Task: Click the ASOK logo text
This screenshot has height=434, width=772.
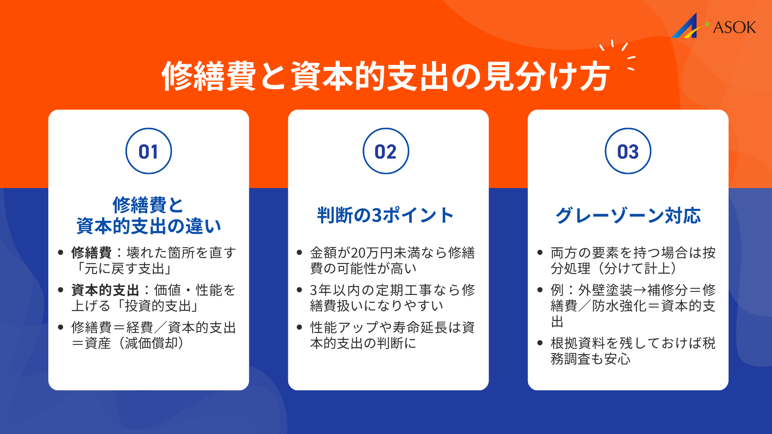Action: [x=734, y=27]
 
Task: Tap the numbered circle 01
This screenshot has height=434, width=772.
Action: [x=148, y=151]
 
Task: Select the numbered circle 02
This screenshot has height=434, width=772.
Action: [x=386, y=151]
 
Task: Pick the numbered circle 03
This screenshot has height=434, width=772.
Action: [x=628, y=151]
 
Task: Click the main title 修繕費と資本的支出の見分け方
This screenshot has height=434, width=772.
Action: [x=385, y=76]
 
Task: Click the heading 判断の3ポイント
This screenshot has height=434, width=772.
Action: [x=385, y=215]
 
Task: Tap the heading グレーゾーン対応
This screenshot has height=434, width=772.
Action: [x=628, y=215]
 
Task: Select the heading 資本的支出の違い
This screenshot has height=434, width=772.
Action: [x=148, y=226]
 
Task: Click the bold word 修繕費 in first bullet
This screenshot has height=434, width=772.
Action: [x=91, y=253]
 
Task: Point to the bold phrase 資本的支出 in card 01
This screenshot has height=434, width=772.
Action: [x=105, y=290]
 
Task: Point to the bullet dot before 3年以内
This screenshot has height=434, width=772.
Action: [x=299, y=290]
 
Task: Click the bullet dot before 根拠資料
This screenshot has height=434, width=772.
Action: [x=540, y=343]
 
